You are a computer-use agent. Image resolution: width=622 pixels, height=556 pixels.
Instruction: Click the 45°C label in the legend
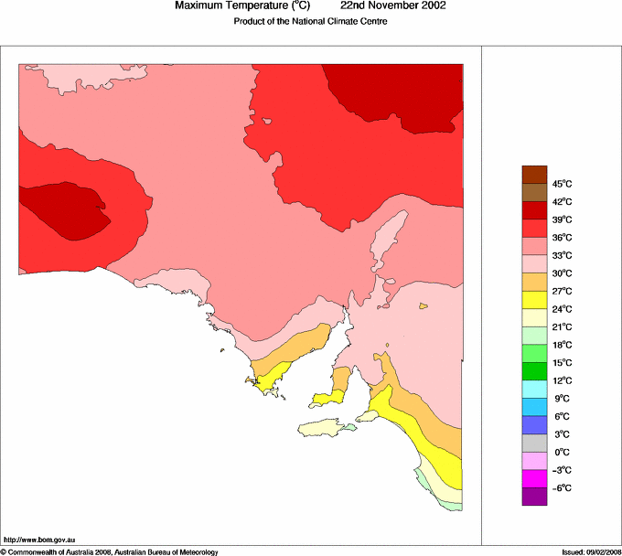(x=537, y=184)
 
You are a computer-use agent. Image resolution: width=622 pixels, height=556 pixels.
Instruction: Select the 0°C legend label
(x=537, y=453)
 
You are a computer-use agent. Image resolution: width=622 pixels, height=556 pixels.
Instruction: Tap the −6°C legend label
(x=536, y=488)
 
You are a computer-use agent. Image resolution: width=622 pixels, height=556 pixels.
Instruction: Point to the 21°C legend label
(x=537, y=327)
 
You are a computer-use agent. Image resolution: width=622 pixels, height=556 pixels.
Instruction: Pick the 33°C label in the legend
(x=537, y=255)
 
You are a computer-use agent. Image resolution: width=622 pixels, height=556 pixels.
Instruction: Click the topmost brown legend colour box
(x=534, y=174)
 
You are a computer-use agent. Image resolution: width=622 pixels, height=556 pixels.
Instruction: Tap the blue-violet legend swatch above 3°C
(x=534, y=425)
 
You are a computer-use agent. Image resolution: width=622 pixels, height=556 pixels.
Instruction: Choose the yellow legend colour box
(x=534, y=300)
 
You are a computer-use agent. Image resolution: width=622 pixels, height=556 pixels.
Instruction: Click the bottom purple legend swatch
(x=534, y=497)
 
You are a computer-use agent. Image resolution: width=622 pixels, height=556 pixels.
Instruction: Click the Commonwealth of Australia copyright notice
(x=110, y=551)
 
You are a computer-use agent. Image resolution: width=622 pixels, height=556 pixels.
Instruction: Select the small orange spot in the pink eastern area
(x=424, y=306)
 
